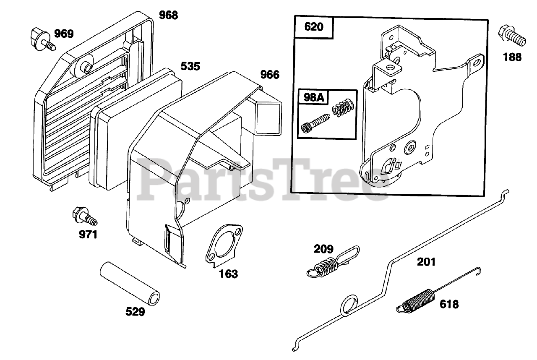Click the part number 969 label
[64, 34]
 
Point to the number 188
[512, 57]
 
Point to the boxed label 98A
[311, 97]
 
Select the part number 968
[169, 15]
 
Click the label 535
[190, 66]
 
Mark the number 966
[269, 75]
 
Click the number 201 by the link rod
[426, 262]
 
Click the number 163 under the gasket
[228, 274]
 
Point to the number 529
[136, 312]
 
